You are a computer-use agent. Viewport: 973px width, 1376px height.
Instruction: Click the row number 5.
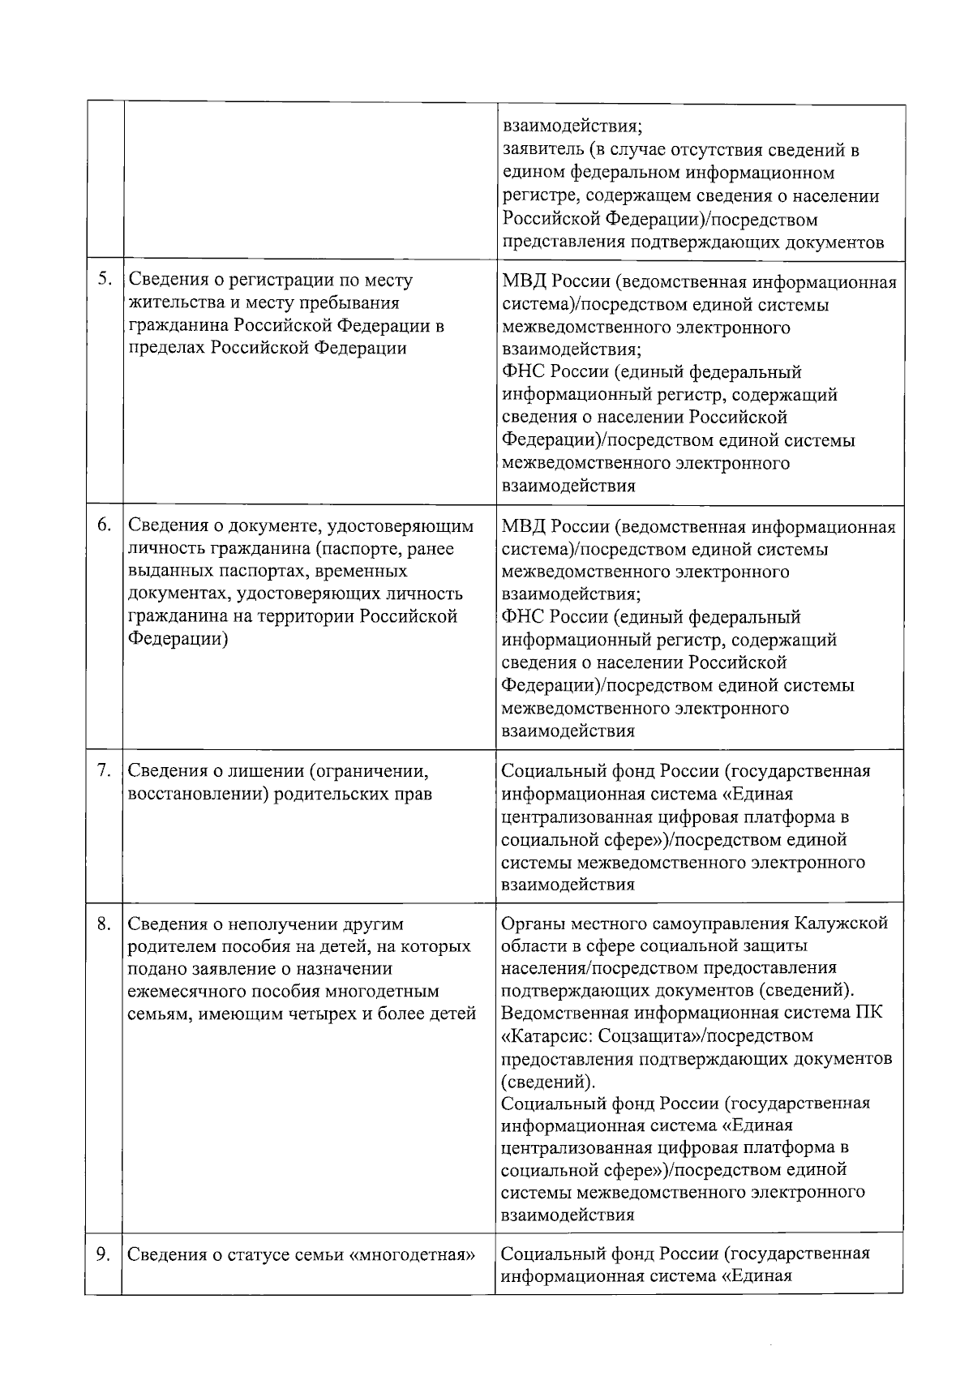[105, 280]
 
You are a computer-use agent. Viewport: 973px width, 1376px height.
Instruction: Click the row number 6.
[105, 525]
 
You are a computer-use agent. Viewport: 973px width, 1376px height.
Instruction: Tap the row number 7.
[105, 769]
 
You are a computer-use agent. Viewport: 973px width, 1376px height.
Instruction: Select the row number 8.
[105, 924]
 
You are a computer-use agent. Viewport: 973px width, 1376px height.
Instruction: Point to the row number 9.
[105, 1254]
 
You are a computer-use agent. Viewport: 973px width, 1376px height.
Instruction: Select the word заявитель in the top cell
[540, 151]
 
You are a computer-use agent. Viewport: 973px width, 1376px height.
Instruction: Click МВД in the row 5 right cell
[523, 282]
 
